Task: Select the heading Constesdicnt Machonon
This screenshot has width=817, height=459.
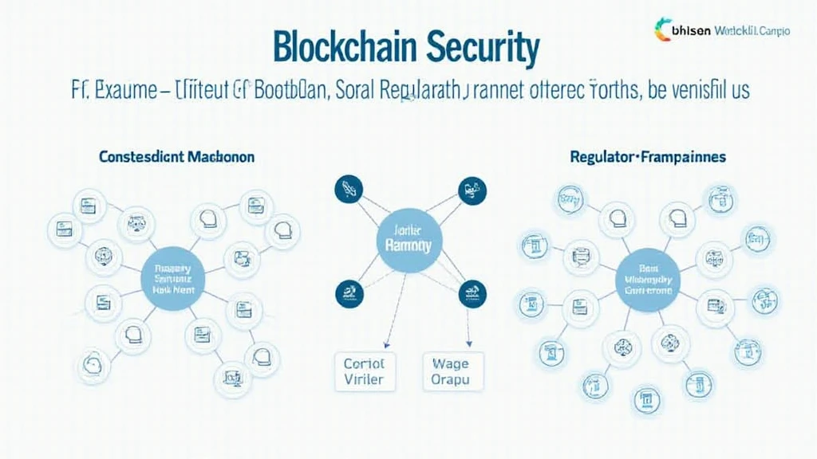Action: coord(177,157)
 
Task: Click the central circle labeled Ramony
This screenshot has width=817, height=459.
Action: coord(408,239)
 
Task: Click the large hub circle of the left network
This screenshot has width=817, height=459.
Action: coord(172,278)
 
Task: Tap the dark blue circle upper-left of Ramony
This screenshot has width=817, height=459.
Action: coord(347,189)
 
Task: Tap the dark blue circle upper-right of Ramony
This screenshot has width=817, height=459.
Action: coord(468,190)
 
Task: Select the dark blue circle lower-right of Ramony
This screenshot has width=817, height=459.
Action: coord(468,292)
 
